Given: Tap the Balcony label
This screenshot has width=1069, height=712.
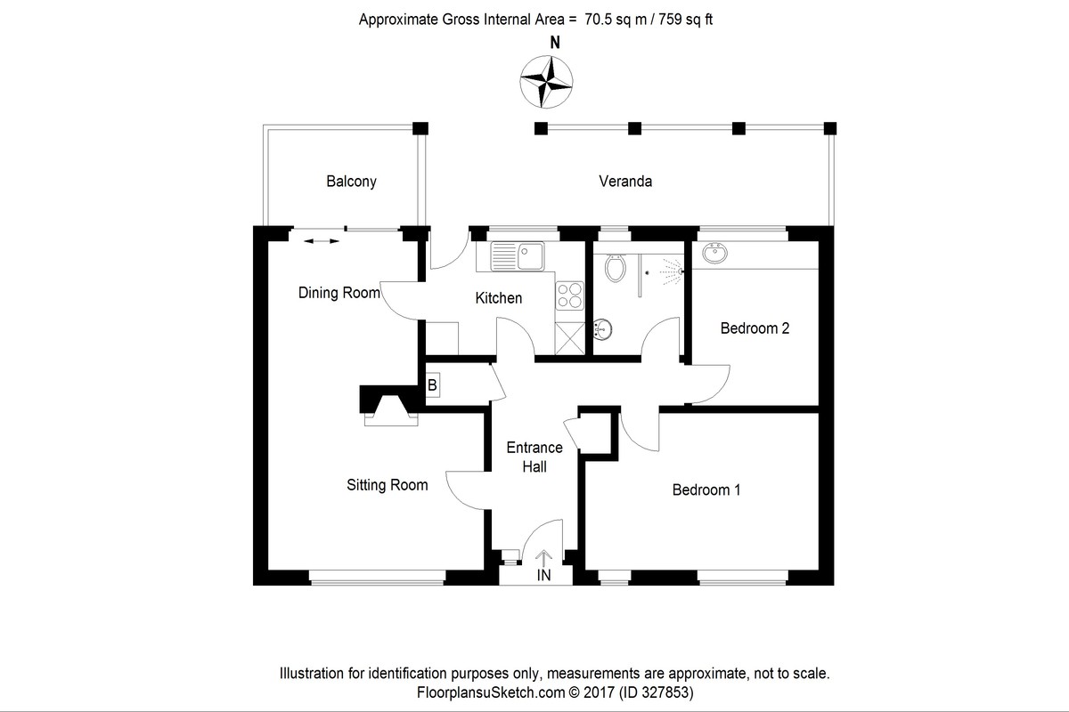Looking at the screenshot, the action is pos(351,182).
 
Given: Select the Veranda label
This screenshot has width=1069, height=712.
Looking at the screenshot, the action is pos(625,182).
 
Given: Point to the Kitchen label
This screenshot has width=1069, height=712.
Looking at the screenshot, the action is pos(498,298).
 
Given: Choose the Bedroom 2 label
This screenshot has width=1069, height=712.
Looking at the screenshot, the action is pos(755,328).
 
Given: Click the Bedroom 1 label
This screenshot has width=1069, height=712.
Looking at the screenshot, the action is pos(706,489).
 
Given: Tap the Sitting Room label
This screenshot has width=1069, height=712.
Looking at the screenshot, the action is pos(388,485).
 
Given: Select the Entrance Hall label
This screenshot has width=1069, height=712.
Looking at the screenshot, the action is pos(534,457).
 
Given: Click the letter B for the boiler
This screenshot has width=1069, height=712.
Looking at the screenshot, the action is pos(433,385).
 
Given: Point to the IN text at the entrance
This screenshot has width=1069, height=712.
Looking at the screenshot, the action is pos(543,576).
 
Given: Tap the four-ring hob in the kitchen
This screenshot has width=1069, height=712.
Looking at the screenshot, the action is pos(568,295).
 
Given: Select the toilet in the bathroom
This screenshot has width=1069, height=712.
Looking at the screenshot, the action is pos(615,265).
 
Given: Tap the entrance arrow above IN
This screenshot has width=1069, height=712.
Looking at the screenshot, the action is pos(543,558).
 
